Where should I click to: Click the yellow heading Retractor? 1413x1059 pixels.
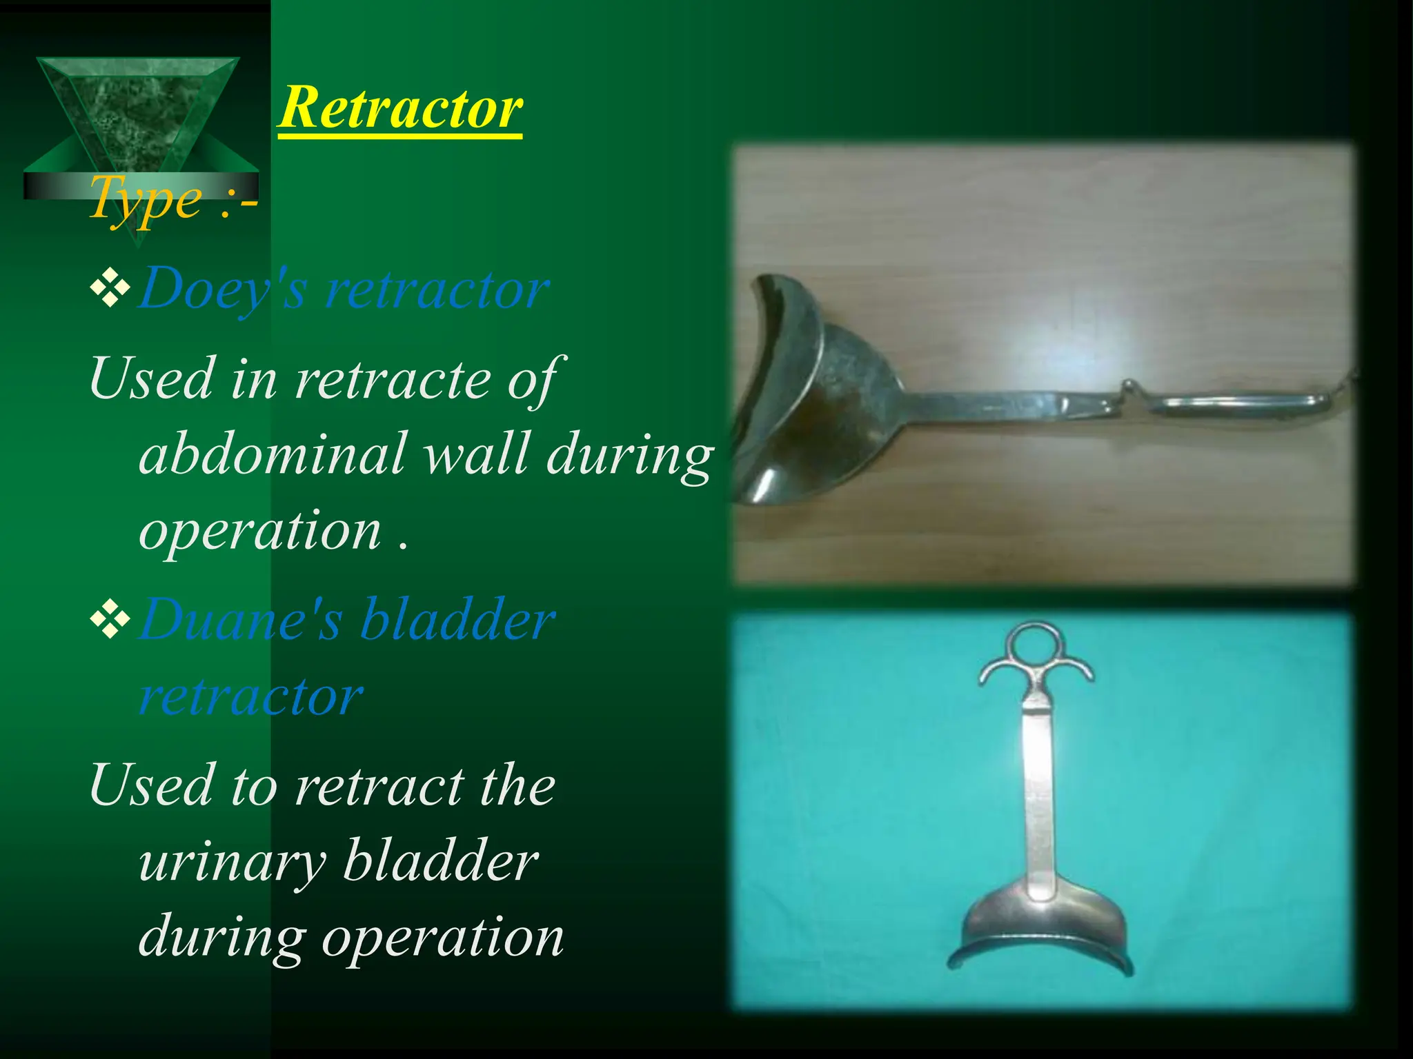(400, 109)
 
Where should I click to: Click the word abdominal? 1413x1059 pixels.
(273, 454)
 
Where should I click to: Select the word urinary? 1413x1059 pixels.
(232, 862)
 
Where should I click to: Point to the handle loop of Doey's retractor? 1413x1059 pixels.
(1235, 405)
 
